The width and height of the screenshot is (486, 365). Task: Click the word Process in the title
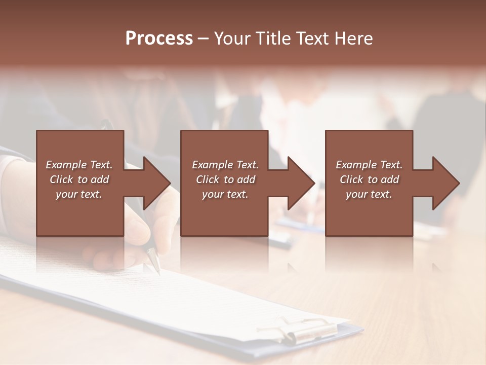pos(159,39)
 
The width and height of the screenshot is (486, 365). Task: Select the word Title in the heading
pos(272,39)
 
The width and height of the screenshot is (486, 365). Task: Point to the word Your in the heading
pos(232,39)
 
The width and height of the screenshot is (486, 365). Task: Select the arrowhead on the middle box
pos(300,183)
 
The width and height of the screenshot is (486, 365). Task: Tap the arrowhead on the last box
pos(445,183)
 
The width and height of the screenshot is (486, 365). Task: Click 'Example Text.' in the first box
pos(79,165)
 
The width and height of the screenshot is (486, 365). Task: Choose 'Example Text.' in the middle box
pos(225,165)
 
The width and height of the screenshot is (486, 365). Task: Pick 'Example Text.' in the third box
pos(369,165)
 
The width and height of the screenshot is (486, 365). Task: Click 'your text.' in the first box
pos(79,194)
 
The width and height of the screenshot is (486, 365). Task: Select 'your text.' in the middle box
pos(225,194)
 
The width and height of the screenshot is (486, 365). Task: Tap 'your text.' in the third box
pos(369,194)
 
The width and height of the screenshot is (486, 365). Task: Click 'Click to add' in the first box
pos(79,179)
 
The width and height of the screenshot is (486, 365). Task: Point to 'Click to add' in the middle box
pos(225,179)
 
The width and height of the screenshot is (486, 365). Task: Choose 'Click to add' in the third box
pos(369,179)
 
